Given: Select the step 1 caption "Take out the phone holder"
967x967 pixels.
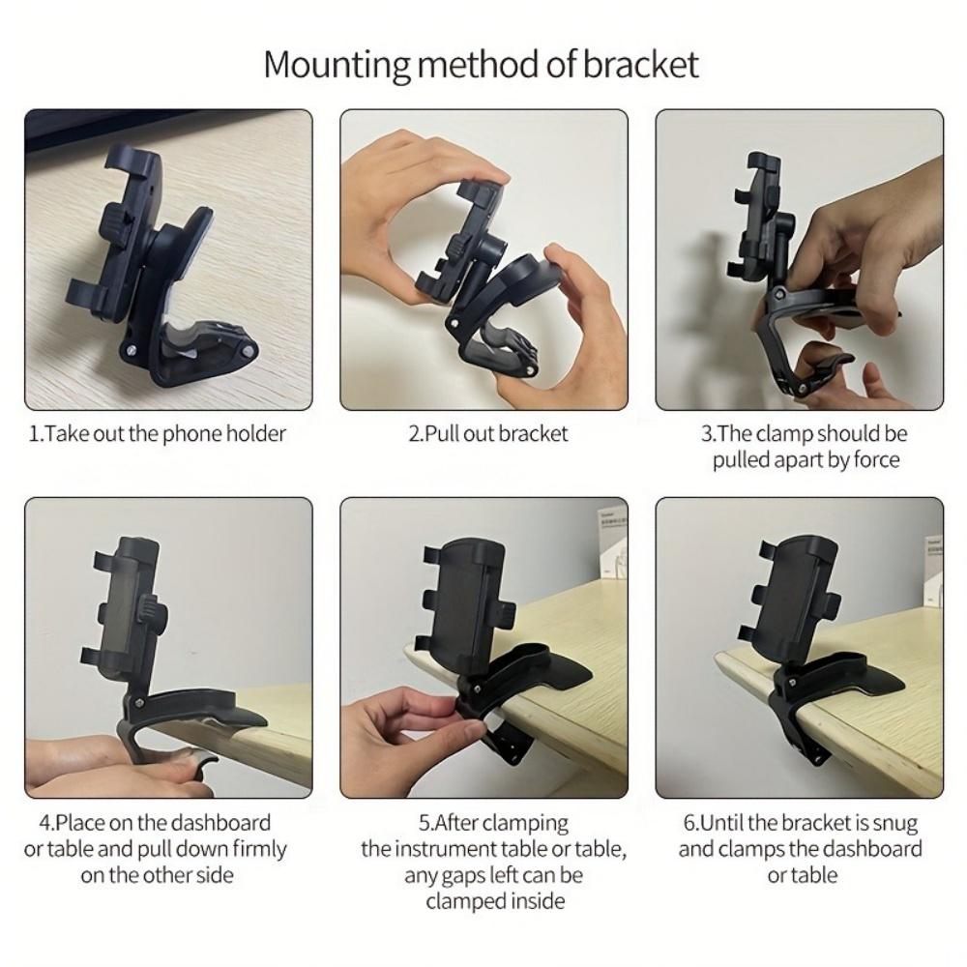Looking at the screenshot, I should click(158, 433).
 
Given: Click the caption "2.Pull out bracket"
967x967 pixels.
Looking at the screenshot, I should click(487, 433).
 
